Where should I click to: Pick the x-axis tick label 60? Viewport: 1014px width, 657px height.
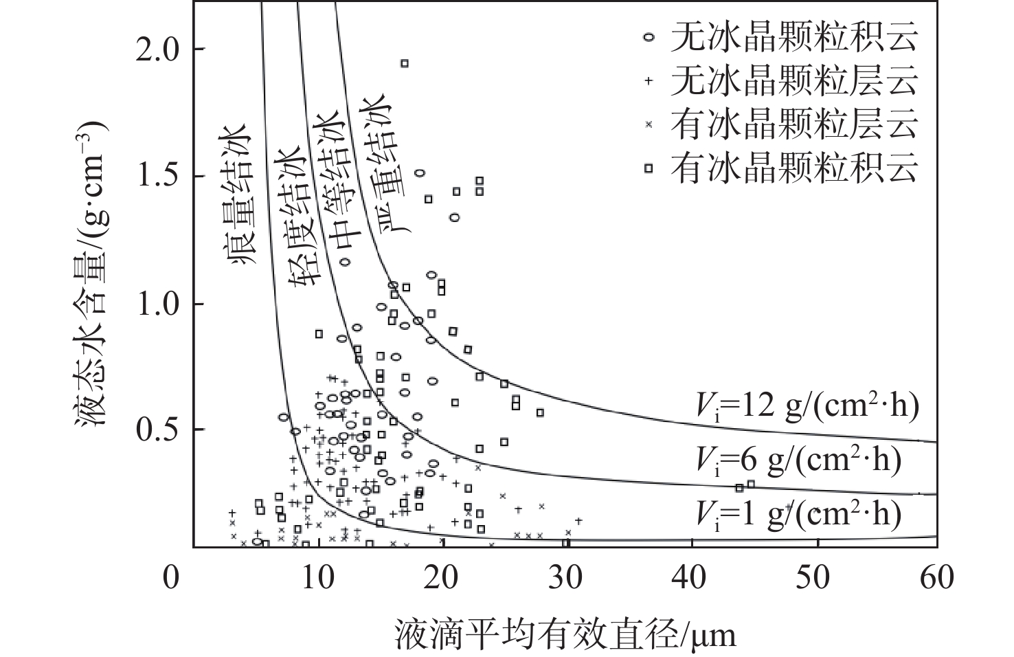(936, 577)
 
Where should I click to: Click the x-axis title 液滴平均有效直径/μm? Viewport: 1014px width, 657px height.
(565, 634)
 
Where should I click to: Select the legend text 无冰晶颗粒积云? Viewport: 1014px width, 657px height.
(794, 38)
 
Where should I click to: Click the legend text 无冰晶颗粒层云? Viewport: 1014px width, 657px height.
(794, 81)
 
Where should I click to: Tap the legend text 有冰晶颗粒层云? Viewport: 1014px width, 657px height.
(794, 124)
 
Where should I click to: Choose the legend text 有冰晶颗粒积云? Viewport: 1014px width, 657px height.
(794, 168)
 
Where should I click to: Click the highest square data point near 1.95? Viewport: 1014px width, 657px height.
(405, 63)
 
